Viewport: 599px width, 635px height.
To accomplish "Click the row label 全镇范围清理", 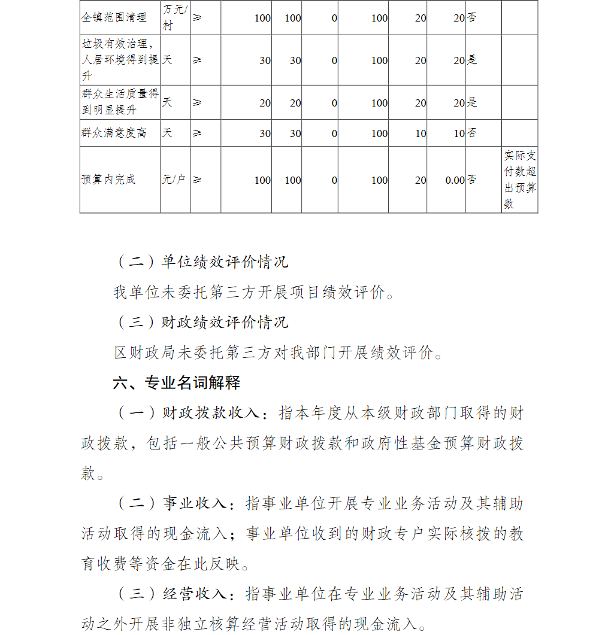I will [114, 17].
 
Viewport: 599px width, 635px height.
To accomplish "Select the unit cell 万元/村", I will [175, 17].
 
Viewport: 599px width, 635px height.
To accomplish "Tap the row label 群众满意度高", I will [114, 132].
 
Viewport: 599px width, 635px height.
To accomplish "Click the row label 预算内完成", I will [108, 180].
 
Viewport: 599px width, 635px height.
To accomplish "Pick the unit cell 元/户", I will [174, 180].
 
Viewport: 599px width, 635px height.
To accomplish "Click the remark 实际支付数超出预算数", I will [519, 180].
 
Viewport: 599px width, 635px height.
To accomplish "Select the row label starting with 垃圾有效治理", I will [120, 60].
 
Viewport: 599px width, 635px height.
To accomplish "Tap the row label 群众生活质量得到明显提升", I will [120, 102].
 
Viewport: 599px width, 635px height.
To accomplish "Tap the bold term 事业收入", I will [195, 504].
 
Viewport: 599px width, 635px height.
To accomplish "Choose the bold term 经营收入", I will [195, 594].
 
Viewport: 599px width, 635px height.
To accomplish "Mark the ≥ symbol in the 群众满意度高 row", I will [198, 133].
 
